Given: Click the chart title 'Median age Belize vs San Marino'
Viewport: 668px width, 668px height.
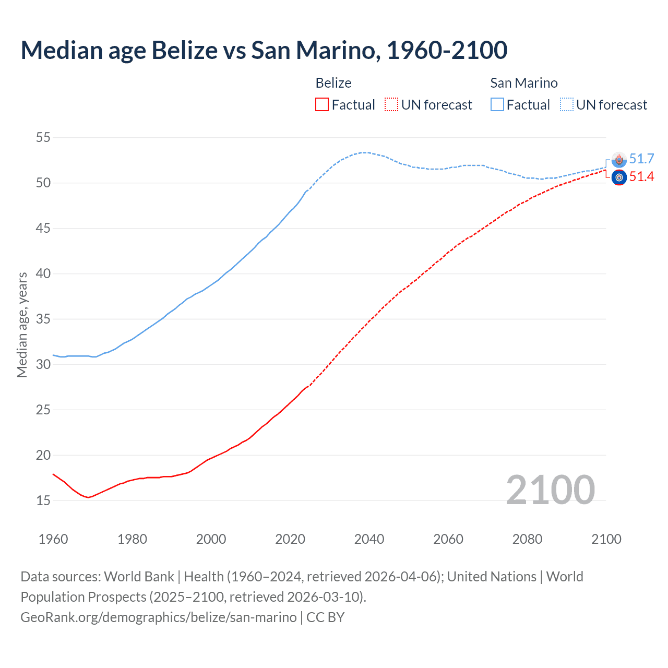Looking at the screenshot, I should pyautogui.click(x=264, y=50).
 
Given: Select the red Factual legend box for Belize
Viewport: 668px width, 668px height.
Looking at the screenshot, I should pyautogui.click(x=322, y=105).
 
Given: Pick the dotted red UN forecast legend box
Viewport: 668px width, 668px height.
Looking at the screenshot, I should pyautogui.click(x=391, y=105).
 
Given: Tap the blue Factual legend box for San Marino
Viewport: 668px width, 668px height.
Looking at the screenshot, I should pyautogui.click(x=497, y=105).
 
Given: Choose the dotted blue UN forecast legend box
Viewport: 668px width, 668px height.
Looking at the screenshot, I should pyautogui.click(x=567, y=105).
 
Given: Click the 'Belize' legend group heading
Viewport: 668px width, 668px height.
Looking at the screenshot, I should pyautogui.click(x=333, y=83).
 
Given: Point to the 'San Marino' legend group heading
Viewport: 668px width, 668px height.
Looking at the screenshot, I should pyautogui.click(x=524, y=83).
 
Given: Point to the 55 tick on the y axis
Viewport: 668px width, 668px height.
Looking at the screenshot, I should pyautogui.click(x=43, y=138).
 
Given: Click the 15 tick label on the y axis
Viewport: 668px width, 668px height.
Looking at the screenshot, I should pyautogui.click(x=43, y=500).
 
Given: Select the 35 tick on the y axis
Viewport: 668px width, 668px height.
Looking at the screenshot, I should pyautogui.click(x=43, y=319).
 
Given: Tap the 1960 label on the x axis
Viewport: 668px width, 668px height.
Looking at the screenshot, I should pyautogui.click(x=53, y=539).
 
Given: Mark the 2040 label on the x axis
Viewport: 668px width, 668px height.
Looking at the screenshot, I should pyautogui.click(x=369, y=539).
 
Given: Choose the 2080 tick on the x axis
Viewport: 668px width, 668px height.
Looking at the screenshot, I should pyautogui.click(x=527, y=539).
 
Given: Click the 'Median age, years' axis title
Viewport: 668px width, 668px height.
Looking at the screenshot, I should pyautogui.click(x=22, y=325).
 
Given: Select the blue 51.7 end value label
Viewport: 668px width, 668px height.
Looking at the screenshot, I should pyautogui.click(x=641, y=159).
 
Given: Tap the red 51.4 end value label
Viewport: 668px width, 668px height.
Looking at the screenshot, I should pyautogui.click(x=641, y=177).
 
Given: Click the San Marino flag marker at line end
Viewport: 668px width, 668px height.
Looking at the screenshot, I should pyautogui.click(x=619, y=160).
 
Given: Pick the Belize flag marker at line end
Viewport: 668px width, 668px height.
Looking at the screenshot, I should pyautogui.click(x=619, y=178).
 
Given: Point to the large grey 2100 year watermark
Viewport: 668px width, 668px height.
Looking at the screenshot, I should pyautogui.click(x=550, y=490).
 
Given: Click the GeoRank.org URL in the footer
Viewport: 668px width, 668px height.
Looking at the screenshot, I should pyautogui.click(x=158, y=617).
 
